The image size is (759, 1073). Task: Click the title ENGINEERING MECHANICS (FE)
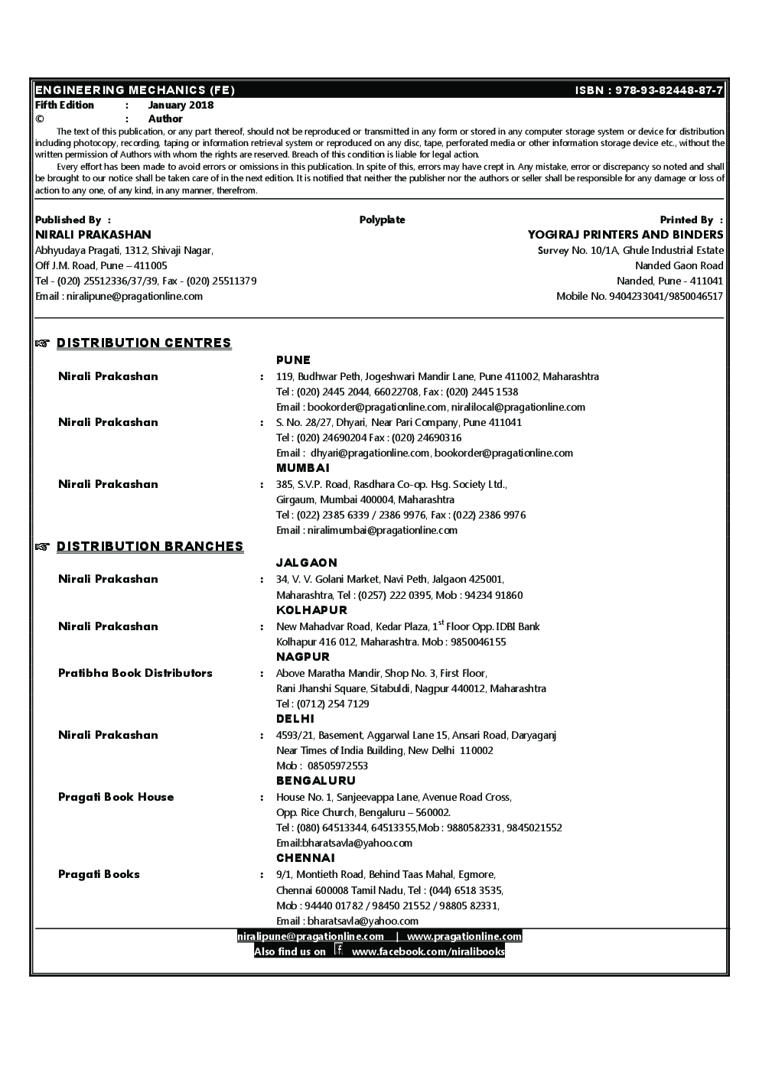point(135,90)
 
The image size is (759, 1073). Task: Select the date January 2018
point(181,106)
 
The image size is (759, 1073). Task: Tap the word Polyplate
point(382,220)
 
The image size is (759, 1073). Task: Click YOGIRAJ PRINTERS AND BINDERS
point(625,235)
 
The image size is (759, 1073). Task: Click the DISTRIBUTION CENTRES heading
point(144,343)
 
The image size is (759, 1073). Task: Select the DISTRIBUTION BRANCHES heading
point(150,546)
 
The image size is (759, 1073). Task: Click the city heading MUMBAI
point(302,468)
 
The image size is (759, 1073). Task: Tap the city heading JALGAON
point(306,563)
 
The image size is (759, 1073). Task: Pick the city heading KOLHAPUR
point(311,610)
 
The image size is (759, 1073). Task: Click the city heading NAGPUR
point(303,657)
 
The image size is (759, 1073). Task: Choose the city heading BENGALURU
point(316,781)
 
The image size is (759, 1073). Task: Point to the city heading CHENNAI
point(305,858)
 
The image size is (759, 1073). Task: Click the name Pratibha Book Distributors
point(135,673)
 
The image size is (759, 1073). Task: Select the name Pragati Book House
point(116,797)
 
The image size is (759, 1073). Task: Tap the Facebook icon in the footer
point(338,951)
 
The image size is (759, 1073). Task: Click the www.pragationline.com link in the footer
point(464,936)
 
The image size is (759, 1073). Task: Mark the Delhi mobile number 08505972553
point(337,766)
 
